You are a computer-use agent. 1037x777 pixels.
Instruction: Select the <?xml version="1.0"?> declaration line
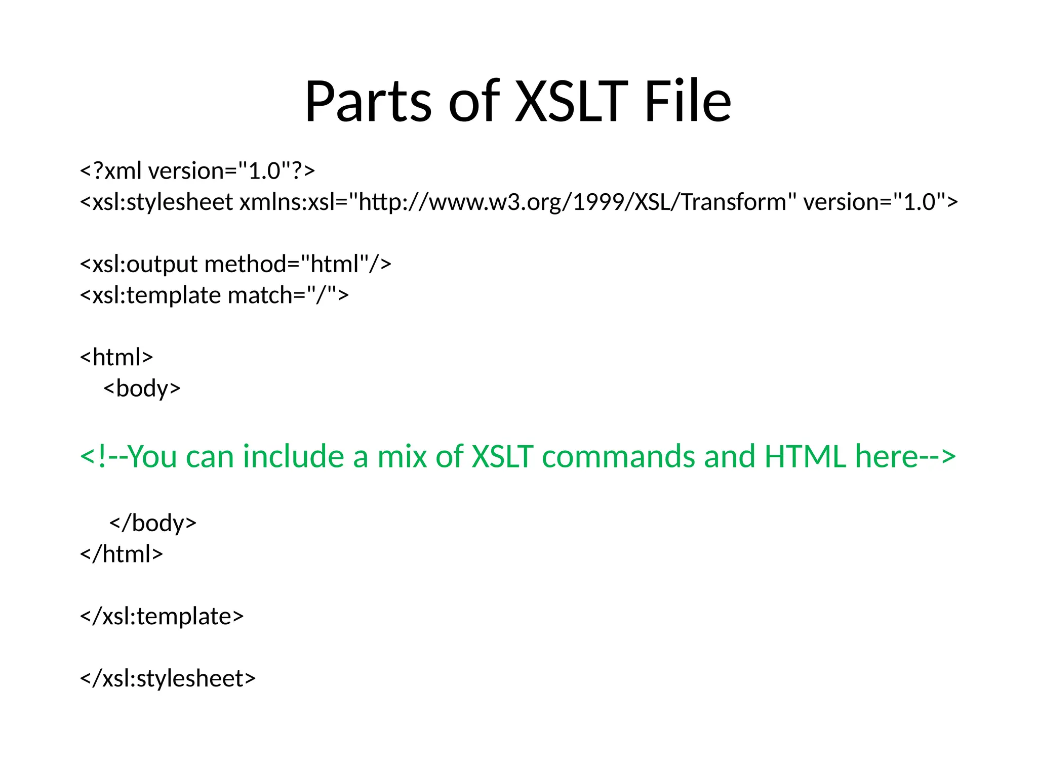coord(197,171)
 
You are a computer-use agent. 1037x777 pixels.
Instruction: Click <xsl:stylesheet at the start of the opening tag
coord(156,202)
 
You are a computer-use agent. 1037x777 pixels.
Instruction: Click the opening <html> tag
coord(116,357)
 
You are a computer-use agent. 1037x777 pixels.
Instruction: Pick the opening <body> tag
coord(142,388)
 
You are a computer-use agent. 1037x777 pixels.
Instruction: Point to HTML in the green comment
coord(805,456)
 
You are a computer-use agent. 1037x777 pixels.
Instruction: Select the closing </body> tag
coord(152,523)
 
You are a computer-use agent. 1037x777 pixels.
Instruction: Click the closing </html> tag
coord(122,554)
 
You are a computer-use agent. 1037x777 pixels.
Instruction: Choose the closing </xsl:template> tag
coord(162,616)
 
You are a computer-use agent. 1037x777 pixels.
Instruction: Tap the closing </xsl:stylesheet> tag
coord(168,678)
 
